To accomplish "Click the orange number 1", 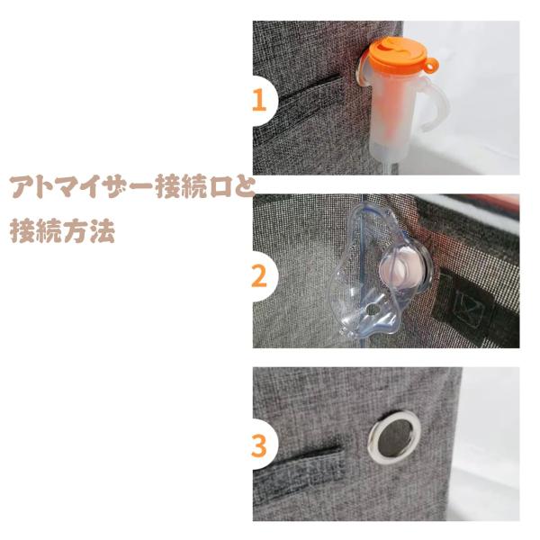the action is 259,101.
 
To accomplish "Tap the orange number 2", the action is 259,276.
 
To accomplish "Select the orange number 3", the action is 259,446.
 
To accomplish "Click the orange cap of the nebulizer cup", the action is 400,54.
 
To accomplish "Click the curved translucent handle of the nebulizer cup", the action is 436,103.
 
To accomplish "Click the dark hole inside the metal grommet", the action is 395,436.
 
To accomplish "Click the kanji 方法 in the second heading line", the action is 89,230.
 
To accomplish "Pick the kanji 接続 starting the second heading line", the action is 36,230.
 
